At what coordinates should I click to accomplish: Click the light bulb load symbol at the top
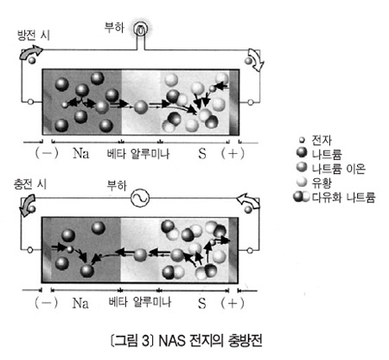[141, 29]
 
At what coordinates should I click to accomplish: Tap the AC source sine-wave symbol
[140, 198]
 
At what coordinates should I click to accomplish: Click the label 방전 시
[34, 35]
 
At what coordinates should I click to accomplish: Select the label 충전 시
[30, 184]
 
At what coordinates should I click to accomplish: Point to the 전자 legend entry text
[322, 140]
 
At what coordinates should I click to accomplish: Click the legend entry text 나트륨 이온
[339, 169]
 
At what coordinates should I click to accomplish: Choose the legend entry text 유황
[322, 183]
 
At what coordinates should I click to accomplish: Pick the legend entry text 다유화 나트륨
[344, 197]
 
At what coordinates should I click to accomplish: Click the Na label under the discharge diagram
[80, 153]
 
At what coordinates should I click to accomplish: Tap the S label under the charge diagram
[202, 303]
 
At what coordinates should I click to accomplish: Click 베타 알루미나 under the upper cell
[138, 153]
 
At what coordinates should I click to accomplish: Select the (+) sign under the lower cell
[233, 303]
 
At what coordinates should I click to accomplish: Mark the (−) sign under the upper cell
[47, 153]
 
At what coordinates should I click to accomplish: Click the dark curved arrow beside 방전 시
[30, 53]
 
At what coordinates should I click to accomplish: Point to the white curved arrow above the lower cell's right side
[247, 200]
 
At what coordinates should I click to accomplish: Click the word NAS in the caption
[171, 341]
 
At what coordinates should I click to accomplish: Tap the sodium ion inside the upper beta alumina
[141, 107]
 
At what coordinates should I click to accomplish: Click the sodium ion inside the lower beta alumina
[140, 254]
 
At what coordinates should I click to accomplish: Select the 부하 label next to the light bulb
[114, 28]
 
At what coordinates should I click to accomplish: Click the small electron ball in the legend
[302, 140]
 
